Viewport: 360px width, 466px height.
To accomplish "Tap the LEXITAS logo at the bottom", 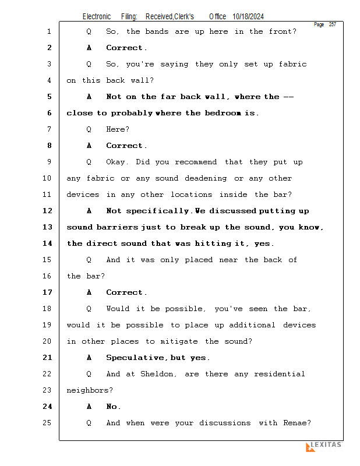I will pyautogui.click(x=324, y=446).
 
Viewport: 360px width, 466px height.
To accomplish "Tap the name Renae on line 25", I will pyautogui.click(x=298, y=423).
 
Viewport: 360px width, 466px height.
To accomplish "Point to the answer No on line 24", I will pyautogui.click(x=113, y=407).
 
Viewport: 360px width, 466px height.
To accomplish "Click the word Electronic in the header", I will pyautogui.click(x=97, y=17).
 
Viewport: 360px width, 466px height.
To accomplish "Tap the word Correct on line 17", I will pyautogui.click(x=126, y=292).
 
